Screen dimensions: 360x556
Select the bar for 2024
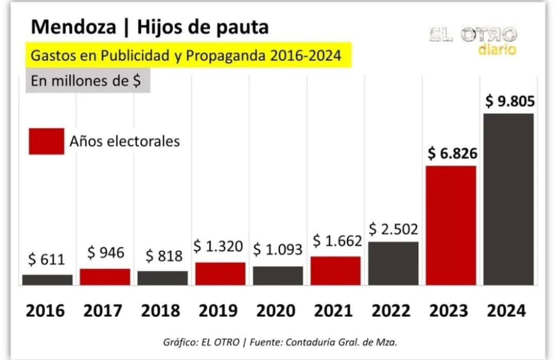point(508,199)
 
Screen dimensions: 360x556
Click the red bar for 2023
point(451,225)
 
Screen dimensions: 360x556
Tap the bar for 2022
point(393,263)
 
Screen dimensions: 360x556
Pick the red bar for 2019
point(220,273)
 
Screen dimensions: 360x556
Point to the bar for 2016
point(47,280)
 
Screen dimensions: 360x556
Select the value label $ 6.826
point(452,153)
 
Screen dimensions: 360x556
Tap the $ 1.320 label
point(218,246)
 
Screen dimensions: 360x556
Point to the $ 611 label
point(46,260)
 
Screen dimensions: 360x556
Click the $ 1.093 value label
point(277,249)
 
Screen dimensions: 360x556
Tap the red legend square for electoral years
point(46,141)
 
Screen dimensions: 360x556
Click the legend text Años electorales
point(125,141)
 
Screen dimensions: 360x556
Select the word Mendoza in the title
point(73,27)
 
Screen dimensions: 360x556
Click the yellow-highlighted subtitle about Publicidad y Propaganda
point(186,56)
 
